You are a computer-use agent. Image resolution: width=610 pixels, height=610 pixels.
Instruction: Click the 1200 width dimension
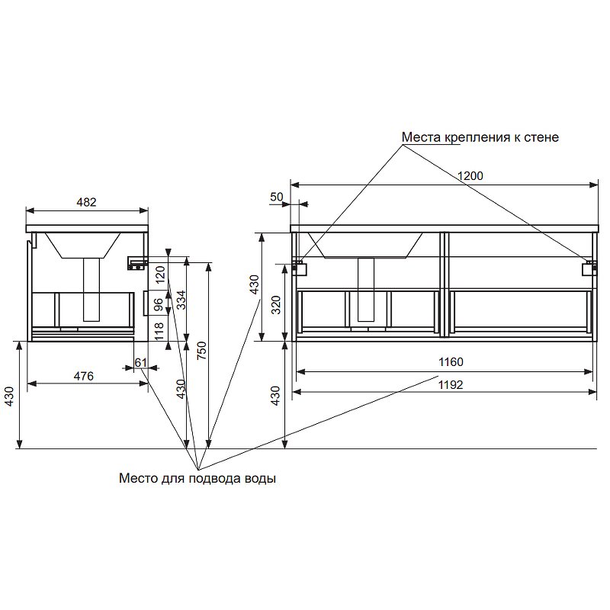coord(470,176)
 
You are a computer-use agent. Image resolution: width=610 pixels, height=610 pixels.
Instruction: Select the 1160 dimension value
coord(451,362)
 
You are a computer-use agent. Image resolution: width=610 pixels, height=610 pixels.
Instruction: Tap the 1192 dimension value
coord(451,385)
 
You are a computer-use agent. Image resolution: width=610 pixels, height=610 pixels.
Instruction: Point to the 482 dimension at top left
coord(86,202)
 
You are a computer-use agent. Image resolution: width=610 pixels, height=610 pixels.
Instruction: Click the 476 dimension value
coord(84,376)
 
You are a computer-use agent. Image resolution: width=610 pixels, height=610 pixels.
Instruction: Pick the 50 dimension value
coord(277,197)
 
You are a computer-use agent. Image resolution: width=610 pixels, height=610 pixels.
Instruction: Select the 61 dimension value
coord(140,363)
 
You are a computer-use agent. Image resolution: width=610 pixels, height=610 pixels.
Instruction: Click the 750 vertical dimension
coord(201,350)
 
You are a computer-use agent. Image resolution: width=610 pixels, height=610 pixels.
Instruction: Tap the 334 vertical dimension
coord(181,300)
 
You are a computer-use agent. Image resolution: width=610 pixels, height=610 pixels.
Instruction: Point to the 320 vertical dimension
coord(275,305)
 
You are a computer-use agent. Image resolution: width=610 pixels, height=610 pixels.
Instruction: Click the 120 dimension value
coord(160,274)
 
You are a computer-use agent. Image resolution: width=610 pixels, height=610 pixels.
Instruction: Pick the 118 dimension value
coord(159,331)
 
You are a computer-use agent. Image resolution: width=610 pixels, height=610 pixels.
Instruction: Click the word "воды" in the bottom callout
coord(260,478)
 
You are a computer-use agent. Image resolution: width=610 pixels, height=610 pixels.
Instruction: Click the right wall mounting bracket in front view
coord(589,268)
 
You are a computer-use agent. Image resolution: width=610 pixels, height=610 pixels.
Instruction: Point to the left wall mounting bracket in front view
coord(300,268)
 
